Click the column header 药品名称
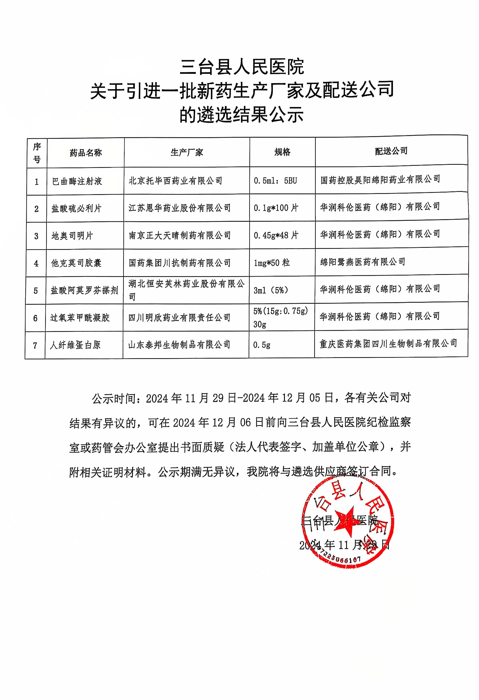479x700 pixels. coord(86,153)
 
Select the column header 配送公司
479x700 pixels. coord(391,151)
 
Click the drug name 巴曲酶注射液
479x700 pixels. coord(77,181)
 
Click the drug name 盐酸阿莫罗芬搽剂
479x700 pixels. coord(84,290)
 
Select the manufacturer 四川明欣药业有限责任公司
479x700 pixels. coord(180,317)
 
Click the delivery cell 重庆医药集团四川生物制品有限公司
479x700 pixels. coord(388,343)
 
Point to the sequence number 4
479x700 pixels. coord(36,264)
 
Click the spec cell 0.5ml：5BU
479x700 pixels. coord(275,181)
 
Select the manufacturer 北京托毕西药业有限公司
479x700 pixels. coord(176,181)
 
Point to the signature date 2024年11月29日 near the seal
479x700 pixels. coord(344,545)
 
